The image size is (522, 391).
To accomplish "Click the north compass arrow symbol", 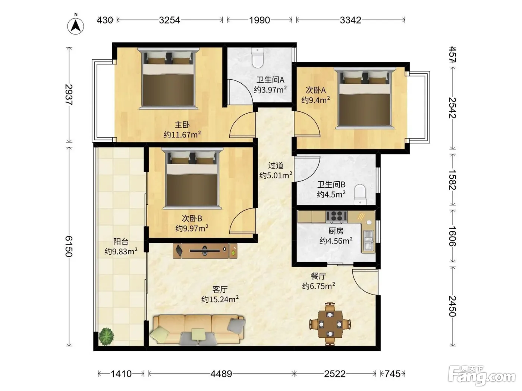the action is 76,25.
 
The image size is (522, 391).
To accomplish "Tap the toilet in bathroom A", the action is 258,58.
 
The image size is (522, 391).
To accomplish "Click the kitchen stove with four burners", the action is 336,217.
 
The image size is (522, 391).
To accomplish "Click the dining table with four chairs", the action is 330,324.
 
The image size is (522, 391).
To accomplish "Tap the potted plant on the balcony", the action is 106,336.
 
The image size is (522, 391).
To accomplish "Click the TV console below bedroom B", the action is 205,251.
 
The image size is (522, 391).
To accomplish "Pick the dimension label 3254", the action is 169,20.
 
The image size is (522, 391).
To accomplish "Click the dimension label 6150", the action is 69,246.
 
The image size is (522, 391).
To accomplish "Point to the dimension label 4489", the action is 221,374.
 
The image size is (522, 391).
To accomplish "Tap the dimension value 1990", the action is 260,20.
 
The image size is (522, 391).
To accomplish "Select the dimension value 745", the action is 392,374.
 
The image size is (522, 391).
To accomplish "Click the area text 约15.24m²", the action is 220,299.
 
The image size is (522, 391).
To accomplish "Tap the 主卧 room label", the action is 182,124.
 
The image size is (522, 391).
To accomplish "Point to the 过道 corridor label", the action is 276,165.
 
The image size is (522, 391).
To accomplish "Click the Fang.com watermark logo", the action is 482,376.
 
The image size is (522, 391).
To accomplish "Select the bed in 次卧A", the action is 365,98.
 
